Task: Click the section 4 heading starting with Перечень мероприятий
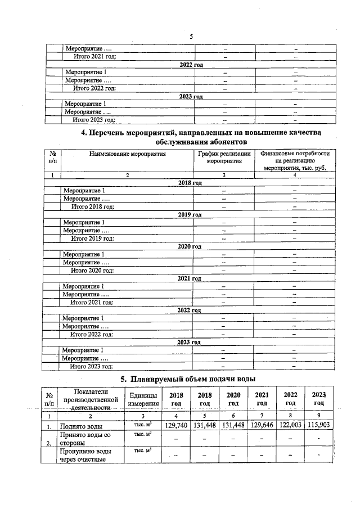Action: pyautogui.click(x=201, y=137)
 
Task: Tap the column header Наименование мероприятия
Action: pyautogui.click(x=127, y=154)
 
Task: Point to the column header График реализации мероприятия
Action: pyautogui.click(x=224, y=157)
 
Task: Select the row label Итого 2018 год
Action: pyautogui.click(x=92, y=206)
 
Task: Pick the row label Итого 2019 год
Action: pyautogui.click(x=92, y=238)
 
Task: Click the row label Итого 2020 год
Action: pyautogui.click(x=92, y=271)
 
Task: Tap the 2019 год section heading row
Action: pyautogui.click(x=190, y=215)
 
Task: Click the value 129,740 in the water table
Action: pyautogui.click(x=177, y=425)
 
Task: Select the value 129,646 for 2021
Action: pyautogui.click(x=262, y=425)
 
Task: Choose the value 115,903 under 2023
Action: pyautogui.click(x=319, y=425)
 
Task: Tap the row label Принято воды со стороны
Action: pyautogui.click(x=81, y=439)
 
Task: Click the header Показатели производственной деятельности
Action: pyautogui.click(x=87, y=399)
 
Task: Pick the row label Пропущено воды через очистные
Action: pyautogui.click(x=82, y=456)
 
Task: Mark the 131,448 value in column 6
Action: pyautogui.click(x=233, y=425)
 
